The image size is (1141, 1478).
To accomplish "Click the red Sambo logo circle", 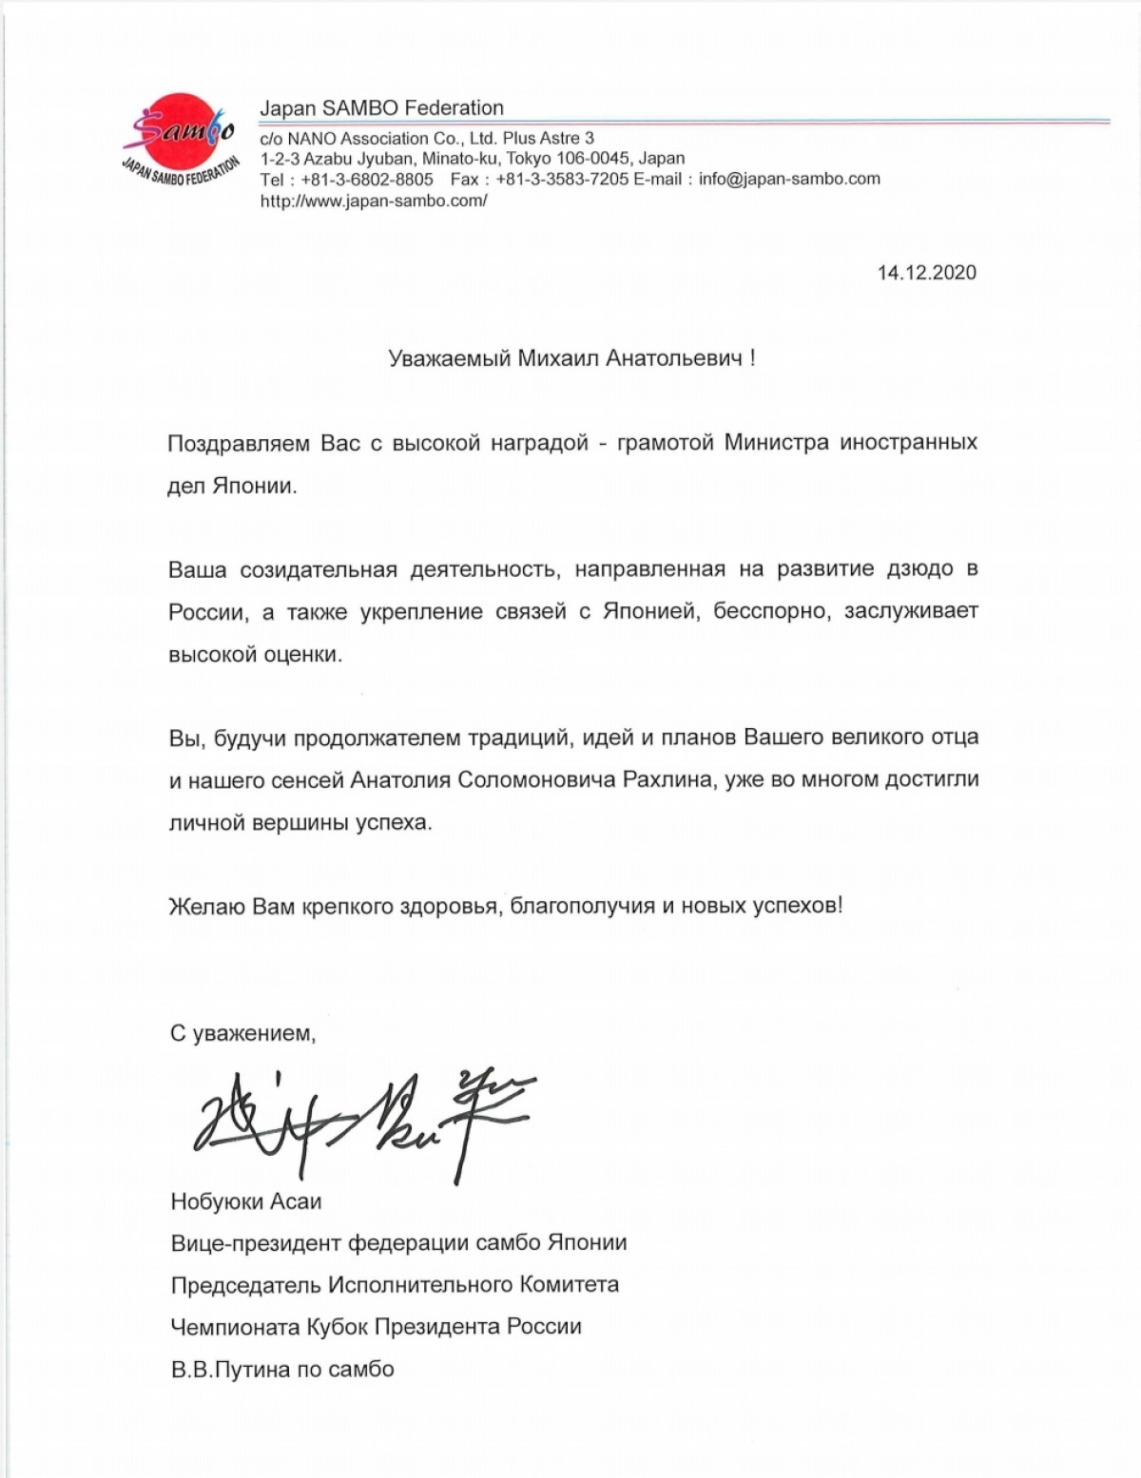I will click(x=180, y=133).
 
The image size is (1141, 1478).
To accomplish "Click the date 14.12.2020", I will click(x=926, y=273).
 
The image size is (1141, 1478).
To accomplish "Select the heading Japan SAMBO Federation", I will click(x=381, y=108).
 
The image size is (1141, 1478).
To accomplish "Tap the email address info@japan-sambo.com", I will click(x=789, y=179).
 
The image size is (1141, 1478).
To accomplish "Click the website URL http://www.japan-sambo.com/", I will click(x=374, y=202).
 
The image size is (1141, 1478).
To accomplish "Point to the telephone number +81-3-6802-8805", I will click(x=367, y=179).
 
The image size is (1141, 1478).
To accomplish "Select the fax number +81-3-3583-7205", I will click(x=562, y=179).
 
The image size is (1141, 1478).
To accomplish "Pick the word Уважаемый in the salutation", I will click(x=449, y=358).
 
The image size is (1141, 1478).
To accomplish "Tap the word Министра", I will click(x=776, y=443).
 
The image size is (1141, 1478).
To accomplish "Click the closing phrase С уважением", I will click(x=242, y=1033).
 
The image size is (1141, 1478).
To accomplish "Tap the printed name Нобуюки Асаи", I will click(x=246, y=1202).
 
